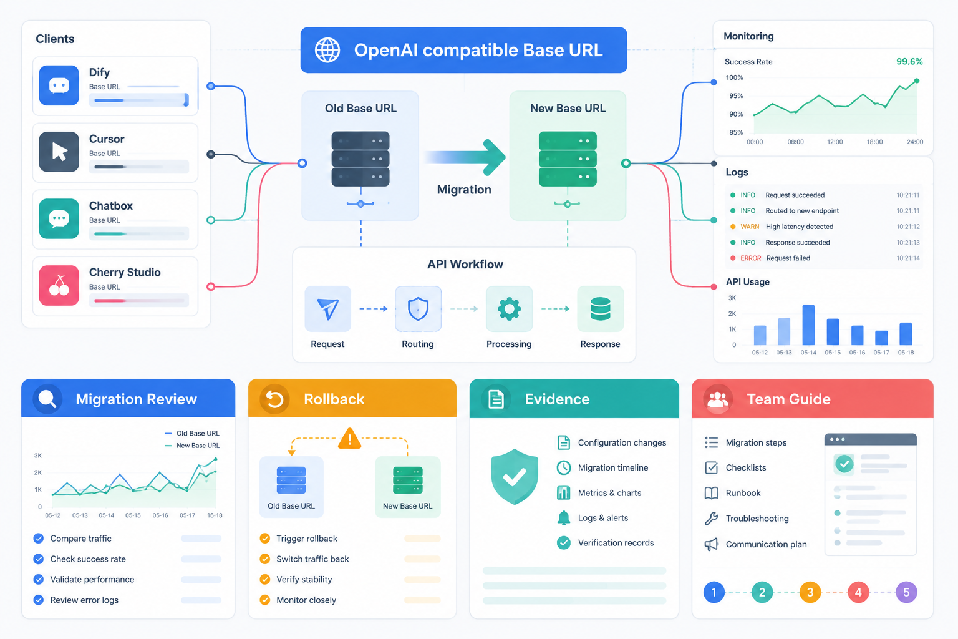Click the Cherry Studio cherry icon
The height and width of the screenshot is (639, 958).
click(x=59, y=285)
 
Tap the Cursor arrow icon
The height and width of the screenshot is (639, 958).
click(x=59, y=152)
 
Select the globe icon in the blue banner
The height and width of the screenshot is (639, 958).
click(x=327, y=50)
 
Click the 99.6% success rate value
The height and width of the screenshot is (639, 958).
click(x=909, y=62)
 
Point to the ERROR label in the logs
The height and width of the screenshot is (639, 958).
click(x=750, y=258)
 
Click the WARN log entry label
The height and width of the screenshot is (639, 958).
click(x=750, y=227)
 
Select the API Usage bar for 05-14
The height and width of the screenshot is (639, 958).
click(x=808, y=325)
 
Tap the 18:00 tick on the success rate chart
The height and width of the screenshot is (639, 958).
click(x=874, y=142)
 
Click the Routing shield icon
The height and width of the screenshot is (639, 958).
click(x=418, y=309)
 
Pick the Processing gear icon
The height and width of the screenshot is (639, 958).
click(x=509, y=309)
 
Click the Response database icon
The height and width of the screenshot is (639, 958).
click(x=600, y=309)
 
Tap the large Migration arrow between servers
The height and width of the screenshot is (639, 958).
click(x=465, y=157)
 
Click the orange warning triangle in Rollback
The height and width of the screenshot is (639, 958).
click(x=350, y=438)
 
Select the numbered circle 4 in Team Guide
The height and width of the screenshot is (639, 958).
click(x=858, y=592)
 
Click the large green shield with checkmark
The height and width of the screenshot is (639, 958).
click(x=515, y=476)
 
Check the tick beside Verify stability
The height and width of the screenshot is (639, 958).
click(x=265, y=580)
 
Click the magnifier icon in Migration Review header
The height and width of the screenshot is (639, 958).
click(x=47, y=399)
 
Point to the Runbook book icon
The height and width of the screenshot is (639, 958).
click(x=711, y=493)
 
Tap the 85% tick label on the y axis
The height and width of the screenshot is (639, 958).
click(x=736, y=132)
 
